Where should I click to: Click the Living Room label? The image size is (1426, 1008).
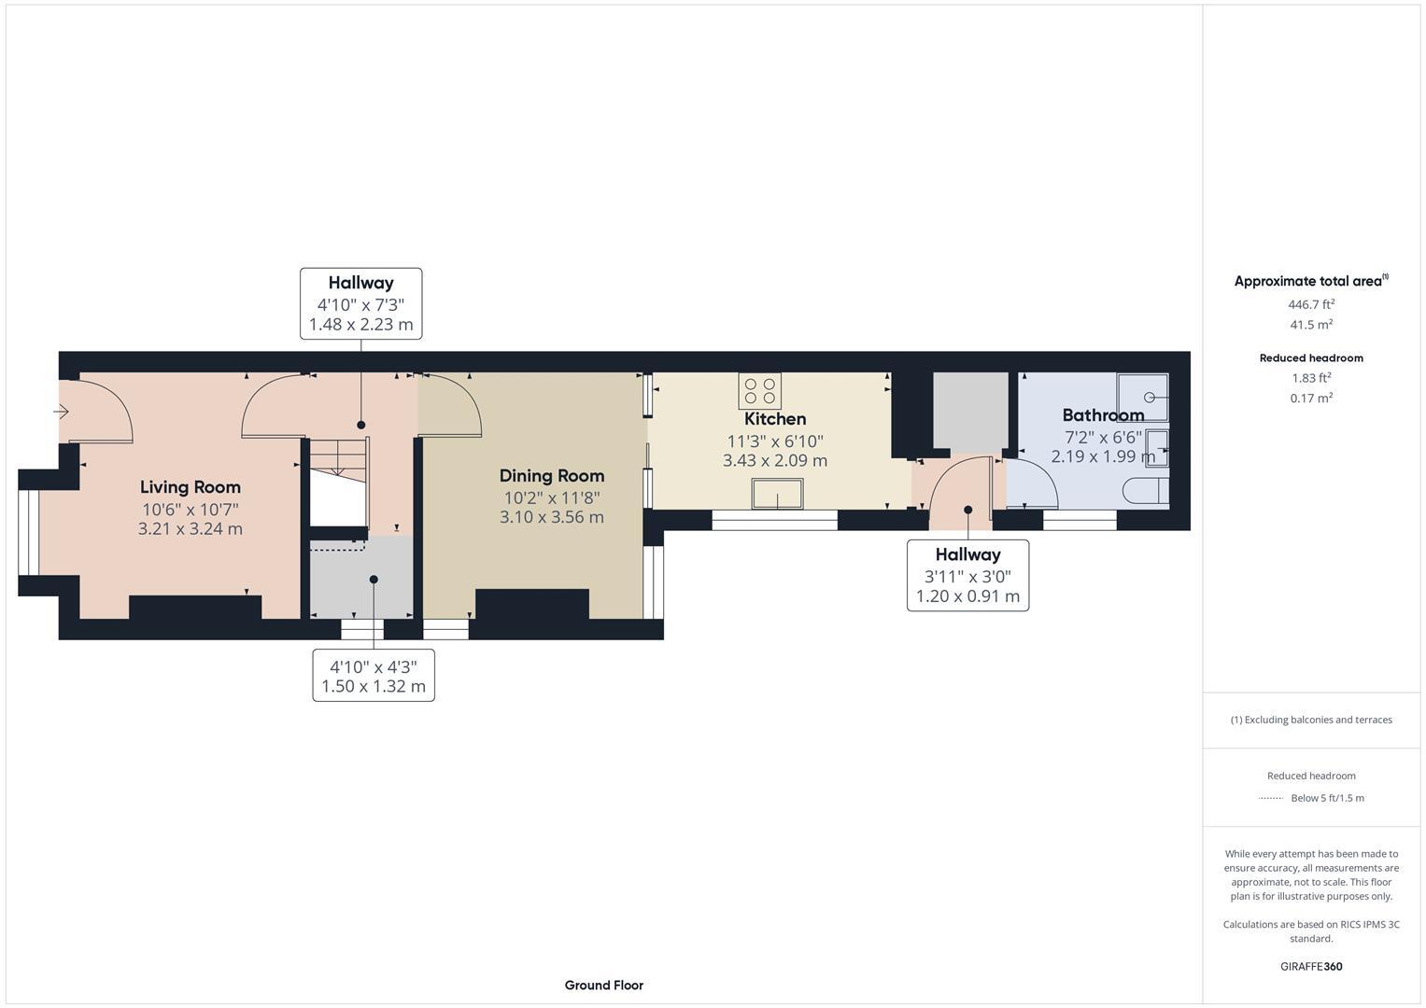click(x=191, y=487)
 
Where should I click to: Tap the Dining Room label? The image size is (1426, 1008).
click(x=551, y=476)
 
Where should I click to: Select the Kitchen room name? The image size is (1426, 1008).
click(x=775, y=419)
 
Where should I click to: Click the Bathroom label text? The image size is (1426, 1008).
click(x=1103, y=415)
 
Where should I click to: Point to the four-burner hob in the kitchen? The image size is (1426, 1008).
click(x=759, y=390)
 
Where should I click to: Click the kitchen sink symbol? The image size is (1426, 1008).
click(x=777, y=494)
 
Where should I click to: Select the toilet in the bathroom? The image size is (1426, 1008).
click(x=1145, y=491)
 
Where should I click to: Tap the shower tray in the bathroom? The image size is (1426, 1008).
click(x=1143, y=397)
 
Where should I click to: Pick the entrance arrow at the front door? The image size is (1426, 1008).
click(x=63, y=412)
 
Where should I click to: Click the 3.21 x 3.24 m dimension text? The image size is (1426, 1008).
click(x=191, y=529)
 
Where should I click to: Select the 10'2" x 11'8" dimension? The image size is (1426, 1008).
click(x=551, y=498)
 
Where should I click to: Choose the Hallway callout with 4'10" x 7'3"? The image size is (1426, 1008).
click(x=360, y=303)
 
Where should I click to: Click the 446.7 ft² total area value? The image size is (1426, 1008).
click(x=1311, y=304)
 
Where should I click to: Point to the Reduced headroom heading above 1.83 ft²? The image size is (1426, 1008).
click(x=1311, y=358)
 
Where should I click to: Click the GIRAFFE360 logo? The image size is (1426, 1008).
click(x=1311, y=967)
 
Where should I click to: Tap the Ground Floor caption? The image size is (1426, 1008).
click(x=603, y=986)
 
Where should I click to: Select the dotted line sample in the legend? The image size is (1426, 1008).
click(x=1271, y=798)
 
